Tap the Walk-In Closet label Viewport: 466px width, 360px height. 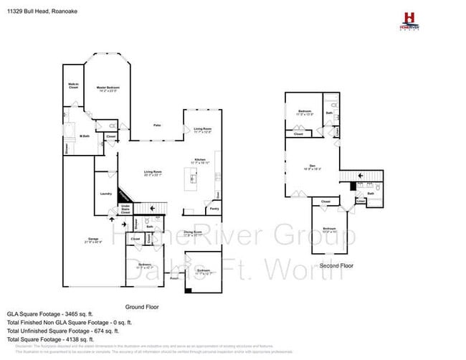(x=72, y=85)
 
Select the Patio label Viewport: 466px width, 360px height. (x=156, y=125)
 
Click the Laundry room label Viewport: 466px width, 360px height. (x=104, y=193)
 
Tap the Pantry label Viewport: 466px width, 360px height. (x=214, y=209)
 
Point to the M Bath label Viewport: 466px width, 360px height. (x=85, y=136)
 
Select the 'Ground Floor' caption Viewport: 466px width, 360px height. (x=142, y=306)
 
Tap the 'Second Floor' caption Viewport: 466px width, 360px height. (x=337, y=265)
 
